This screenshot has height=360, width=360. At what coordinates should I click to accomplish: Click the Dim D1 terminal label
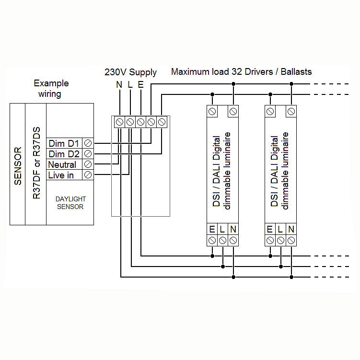(x=64, y=143)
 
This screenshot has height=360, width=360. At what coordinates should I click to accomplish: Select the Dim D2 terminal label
(x=64, y=154)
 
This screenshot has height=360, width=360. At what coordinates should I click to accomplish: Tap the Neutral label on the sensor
(x=62, y=164)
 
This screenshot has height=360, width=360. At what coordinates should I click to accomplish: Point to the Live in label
(x=61, y=175)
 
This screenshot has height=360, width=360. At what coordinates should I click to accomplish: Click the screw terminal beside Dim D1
(x=88, y=143)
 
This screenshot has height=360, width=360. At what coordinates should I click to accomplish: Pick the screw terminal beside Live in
(x=88, y=175)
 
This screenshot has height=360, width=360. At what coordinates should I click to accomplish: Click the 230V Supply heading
(x=130, y=72)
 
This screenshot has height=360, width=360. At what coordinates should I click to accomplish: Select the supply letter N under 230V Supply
(x=119, y=85)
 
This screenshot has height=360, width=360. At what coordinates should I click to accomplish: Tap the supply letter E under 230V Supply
(x=140, y=85)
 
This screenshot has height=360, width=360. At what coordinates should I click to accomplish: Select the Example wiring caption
(x=51, y=88)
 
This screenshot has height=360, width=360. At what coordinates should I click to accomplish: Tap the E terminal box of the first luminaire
(x=212, y=229)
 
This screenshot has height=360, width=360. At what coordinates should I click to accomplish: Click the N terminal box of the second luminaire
(x=291, y=229)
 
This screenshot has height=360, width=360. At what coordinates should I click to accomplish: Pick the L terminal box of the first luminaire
(x=222, y=229)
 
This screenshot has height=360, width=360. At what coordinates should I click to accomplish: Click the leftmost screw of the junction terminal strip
(x=119, y=121)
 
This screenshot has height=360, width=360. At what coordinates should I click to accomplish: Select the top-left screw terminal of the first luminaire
(x=212, y=112)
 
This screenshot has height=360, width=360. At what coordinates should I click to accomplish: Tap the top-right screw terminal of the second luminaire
(x=290, y=112)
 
